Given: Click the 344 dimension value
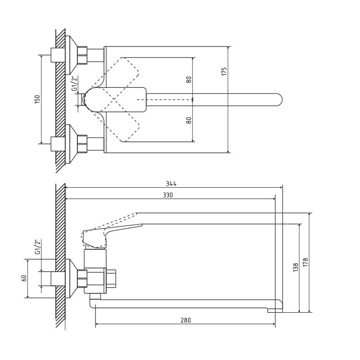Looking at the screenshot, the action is click(x=171, y=184).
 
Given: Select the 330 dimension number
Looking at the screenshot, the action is click(x=168, y=195).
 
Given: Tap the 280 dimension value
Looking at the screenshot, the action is click(x=186, y=320).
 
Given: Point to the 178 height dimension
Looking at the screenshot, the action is click(x=305, y=262).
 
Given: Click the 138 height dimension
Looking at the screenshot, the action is click(x=296, y=267).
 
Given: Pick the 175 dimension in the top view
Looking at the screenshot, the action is click(x=224, y=72).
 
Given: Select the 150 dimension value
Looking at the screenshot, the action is click(x=37, y=99).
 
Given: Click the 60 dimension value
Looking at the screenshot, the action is click(x=24, y=278).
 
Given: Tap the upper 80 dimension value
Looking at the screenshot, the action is click(x=189, y=80).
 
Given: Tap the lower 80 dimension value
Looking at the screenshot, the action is click(x=189, y=120).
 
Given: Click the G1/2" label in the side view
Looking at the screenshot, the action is click(x=38, y=247).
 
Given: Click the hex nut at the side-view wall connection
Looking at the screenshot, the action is click(x=82, y=279).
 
